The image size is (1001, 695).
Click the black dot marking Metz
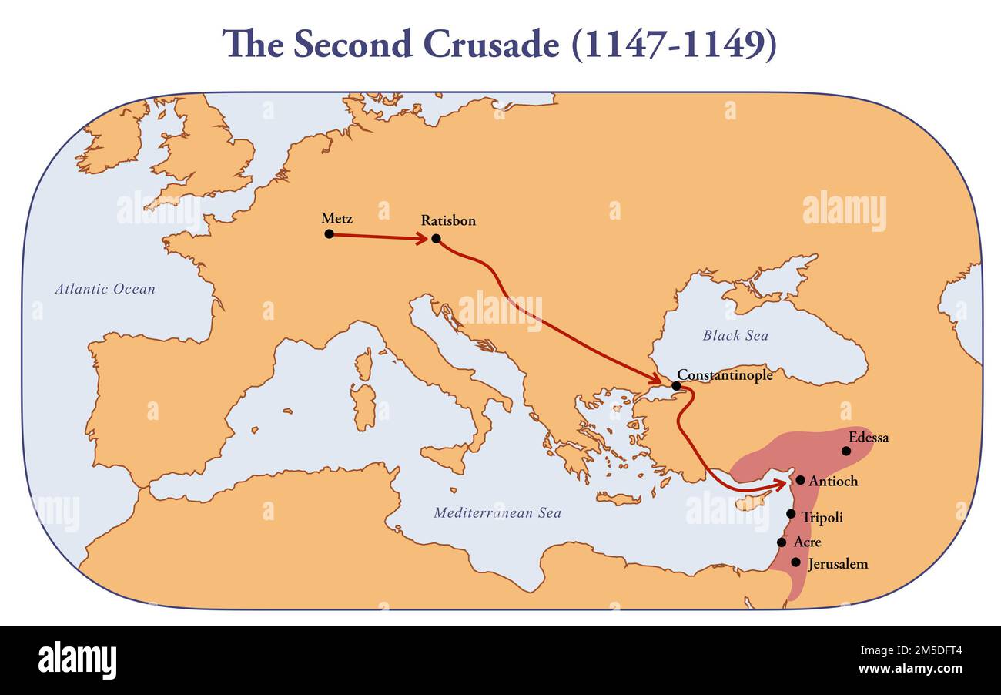click(x=329, y=233)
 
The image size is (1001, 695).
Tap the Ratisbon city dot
click(x=436, y=239)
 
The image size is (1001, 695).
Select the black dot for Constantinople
click(x=676, y=386)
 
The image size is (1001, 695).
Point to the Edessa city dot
click(x=846, y=451)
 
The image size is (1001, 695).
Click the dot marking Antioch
click(x=800, y=480)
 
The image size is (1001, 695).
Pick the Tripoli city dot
click(x=791, y=514)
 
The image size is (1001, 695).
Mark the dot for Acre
click(x=782, y=542)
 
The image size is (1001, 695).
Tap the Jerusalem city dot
click(x=795, y=562)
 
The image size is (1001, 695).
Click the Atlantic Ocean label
click(x=105, y=290)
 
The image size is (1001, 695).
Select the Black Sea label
click(x=735, y=335)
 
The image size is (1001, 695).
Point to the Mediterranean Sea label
click(x=497, y=512)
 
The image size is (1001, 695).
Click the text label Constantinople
click(x=725, y=375)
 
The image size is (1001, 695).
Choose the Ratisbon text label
click(x=448, y=220)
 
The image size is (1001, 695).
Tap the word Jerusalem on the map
click(x=838, y=564)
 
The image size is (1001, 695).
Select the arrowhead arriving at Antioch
click(x=781, y=484)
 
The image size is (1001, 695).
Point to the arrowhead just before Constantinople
click(x=655, y=379)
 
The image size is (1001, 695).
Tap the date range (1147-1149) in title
click(x=674, y=45)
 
